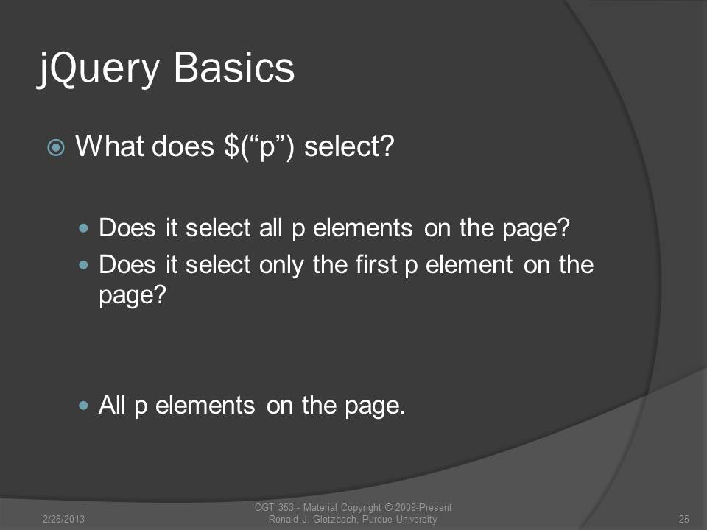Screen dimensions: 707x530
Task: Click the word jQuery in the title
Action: (x=98, y=68)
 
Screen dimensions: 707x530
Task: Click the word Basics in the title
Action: (x=234, y=67)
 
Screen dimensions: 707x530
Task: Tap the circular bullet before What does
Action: (x=56, y=147)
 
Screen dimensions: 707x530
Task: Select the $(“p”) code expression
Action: (x=258, y=147)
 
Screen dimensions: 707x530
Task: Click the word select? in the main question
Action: (x=349, y=146)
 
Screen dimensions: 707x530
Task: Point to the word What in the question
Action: (x=107, y=146)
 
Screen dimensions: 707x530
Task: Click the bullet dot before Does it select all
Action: (x=83, y=228)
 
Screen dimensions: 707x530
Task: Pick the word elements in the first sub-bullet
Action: (x=362, y=227)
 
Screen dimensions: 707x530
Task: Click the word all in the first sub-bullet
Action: (x=270, y=227)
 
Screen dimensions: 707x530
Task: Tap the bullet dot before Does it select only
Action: (x=83, y=265)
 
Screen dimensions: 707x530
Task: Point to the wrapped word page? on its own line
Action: (x=133, y=296)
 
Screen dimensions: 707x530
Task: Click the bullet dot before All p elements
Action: (x=83, y=406)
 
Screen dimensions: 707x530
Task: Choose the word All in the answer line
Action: (x=111, y=405)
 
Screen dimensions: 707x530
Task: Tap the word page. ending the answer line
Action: (x=375, y=406)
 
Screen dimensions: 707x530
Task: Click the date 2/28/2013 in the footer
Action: (x=63, y=519)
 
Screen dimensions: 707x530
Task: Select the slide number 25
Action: (x=684, y=519)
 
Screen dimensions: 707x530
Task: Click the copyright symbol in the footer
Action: (x=388, y=507)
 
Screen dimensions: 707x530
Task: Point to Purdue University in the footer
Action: (x=399, y=519)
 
